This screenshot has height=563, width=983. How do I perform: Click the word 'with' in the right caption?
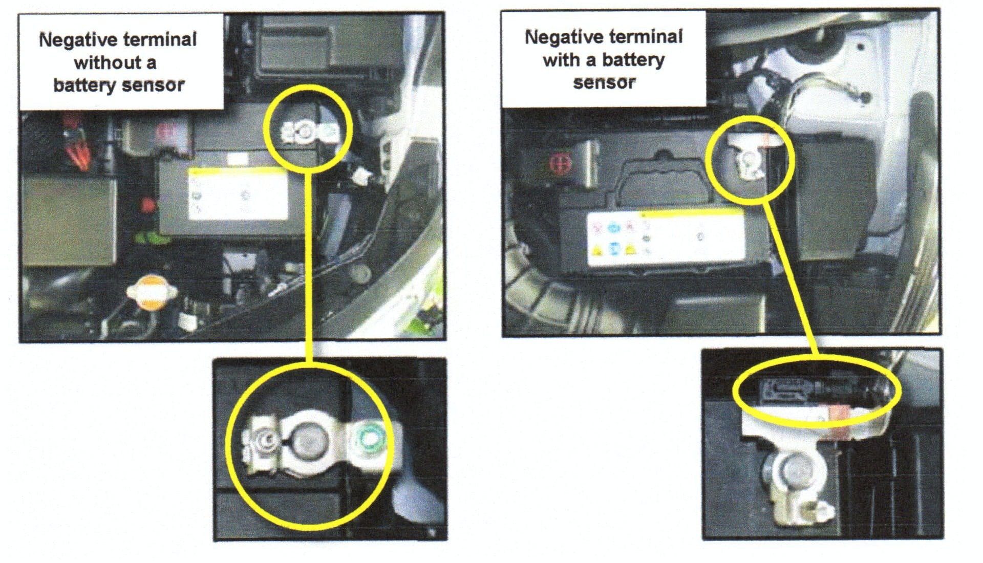[562, 60]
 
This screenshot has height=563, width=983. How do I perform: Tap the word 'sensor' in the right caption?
[604, 82]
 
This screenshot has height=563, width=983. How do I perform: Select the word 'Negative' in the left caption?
[74, 39]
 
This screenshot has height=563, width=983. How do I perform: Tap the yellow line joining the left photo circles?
[308, 265]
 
